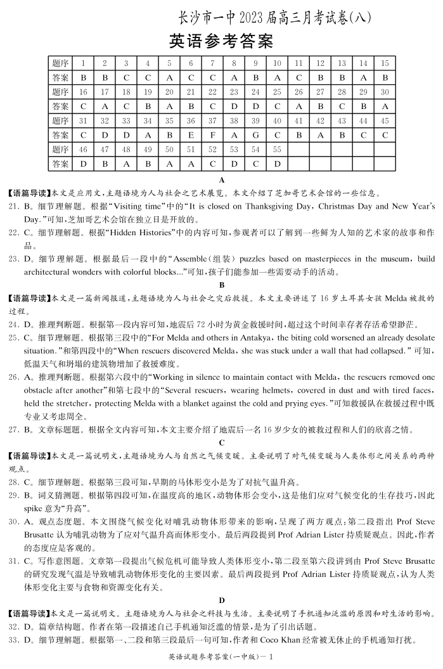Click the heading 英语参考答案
[221, 42]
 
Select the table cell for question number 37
[212, 120]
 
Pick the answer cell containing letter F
[212, 135]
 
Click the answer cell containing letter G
[255, 135]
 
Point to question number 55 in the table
[277, 150]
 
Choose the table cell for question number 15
[384, 63]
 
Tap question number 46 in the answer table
[83, 150]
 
